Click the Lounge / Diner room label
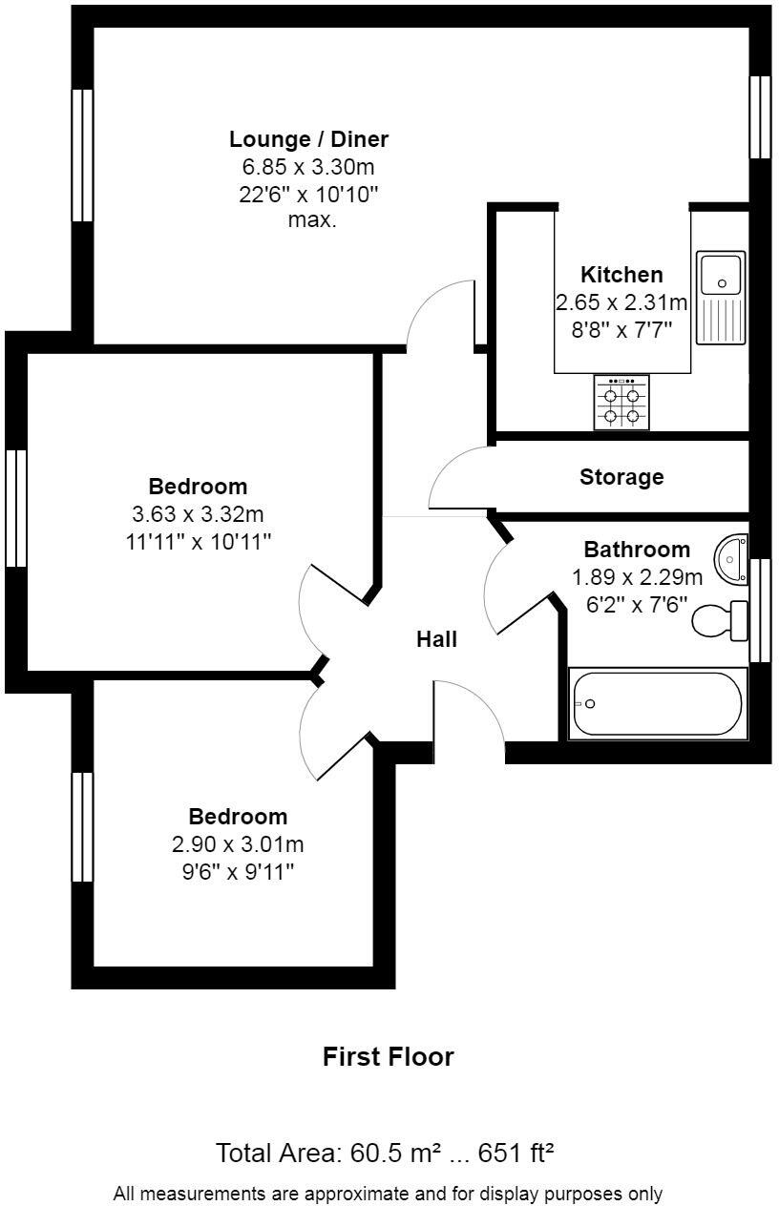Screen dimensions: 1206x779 (308, 139)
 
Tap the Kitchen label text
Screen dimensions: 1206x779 (621, 275)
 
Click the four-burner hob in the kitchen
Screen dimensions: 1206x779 (621, 402)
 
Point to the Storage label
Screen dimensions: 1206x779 (621, 477)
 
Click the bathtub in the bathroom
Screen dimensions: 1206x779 (658, 703)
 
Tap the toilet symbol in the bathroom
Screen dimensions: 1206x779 (722, 620)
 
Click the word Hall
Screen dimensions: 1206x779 (436, 639)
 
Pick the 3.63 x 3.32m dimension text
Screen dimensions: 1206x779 (198, 515)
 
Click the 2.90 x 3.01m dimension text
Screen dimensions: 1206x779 (238, 844)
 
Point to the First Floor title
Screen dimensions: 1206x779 (388, 1057)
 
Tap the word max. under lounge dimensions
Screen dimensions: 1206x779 (312, 220)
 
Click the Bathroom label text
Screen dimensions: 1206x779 (637, 550)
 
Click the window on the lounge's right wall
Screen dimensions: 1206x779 (760, 116)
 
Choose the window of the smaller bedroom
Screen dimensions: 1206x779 (83, 826)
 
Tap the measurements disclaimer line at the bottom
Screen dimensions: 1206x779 (388, 1193)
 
